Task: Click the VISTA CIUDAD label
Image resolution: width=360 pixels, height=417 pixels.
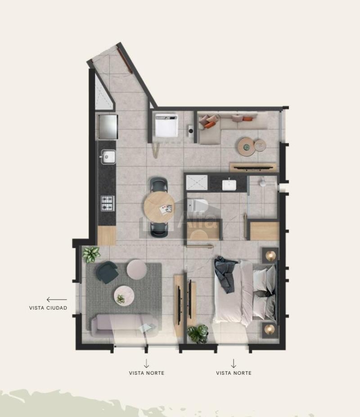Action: click(x=48, y=308)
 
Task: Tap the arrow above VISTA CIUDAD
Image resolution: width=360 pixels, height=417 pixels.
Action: click(x=57, y=300)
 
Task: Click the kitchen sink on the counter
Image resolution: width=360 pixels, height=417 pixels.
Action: click(x=108, y=157)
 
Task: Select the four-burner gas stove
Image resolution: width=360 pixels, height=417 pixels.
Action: click(x=108, y=203)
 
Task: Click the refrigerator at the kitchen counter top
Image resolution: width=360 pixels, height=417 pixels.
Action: click(x=108, y=126)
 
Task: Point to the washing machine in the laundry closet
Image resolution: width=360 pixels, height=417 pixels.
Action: click(x=166, y=125)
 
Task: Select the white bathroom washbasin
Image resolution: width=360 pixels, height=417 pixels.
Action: click(x=229, y=185)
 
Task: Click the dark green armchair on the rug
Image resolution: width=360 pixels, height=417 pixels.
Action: click(x=107, y=272)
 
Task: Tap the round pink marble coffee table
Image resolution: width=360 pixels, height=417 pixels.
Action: click(x=124, y=295)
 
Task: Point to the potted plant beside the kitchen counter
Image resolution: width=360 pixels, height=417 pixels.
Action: click(x=91, y=255)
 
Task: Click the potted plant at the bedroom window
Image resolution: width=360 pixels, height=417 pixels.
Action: click(x=198, y=333)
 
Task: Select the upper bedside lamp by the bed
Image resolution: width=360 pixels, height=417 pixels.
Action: click(x=270, y=256)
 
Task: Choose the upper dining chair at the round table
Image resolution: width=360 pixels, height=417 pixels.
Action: click(x=159, y=184)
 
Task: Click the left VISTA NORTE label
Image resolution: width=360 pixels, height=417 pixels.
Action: click(x=147, y=373)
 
